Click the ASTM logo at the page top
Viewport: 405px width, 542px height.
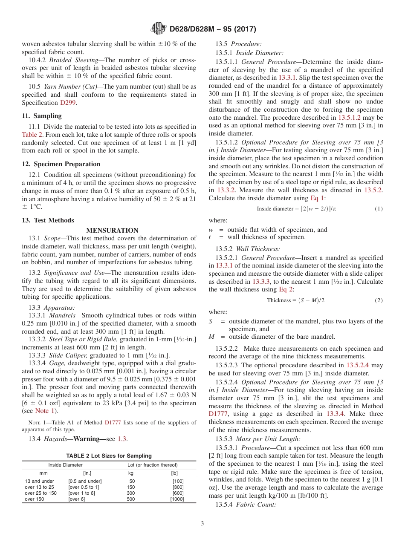point(159,29)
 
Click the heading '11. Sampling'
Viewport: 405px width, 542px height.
point(42,116)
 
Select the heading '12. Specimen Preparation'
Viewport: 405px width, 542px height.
point(61,164)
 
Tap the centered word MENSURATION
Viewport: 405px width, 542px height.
point(112,231)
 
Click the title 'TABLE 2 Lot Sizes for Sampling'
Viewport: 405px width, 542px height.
point(109,456)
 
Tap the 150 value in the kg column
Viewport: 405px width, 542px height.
point(131,487)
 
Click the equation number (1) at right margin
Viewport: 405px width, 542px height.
point(378,208)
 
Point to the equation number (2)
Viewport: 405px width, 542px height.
point(378,300)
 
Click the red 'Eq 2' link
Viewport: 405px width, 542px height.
point(286,289)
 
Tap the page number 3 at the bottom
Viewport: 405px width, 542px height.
point(202,524)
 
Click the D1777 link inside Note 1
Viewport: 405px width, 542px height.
point(113,423)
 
